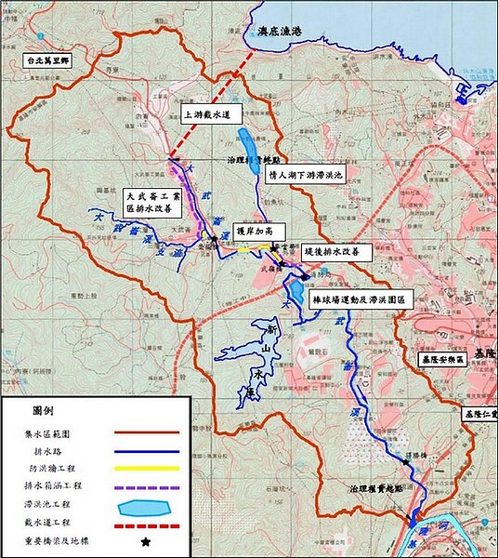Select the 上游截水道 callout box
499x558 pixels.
(x=212, y=114)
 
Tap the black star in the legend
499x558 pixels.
(x=145, y=542)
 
